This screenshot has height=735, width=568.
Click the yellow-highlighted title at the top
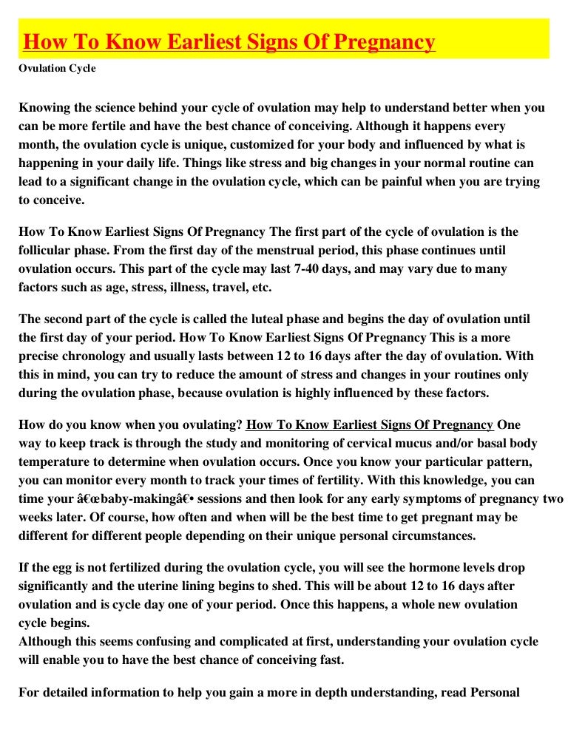[229, 42]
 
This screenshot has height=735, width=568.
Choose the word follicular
[46, 250]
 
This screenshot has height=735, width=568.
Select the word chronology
[91, 356]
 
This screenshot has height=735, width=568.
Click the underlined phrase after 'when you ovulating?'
[370, 424]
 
